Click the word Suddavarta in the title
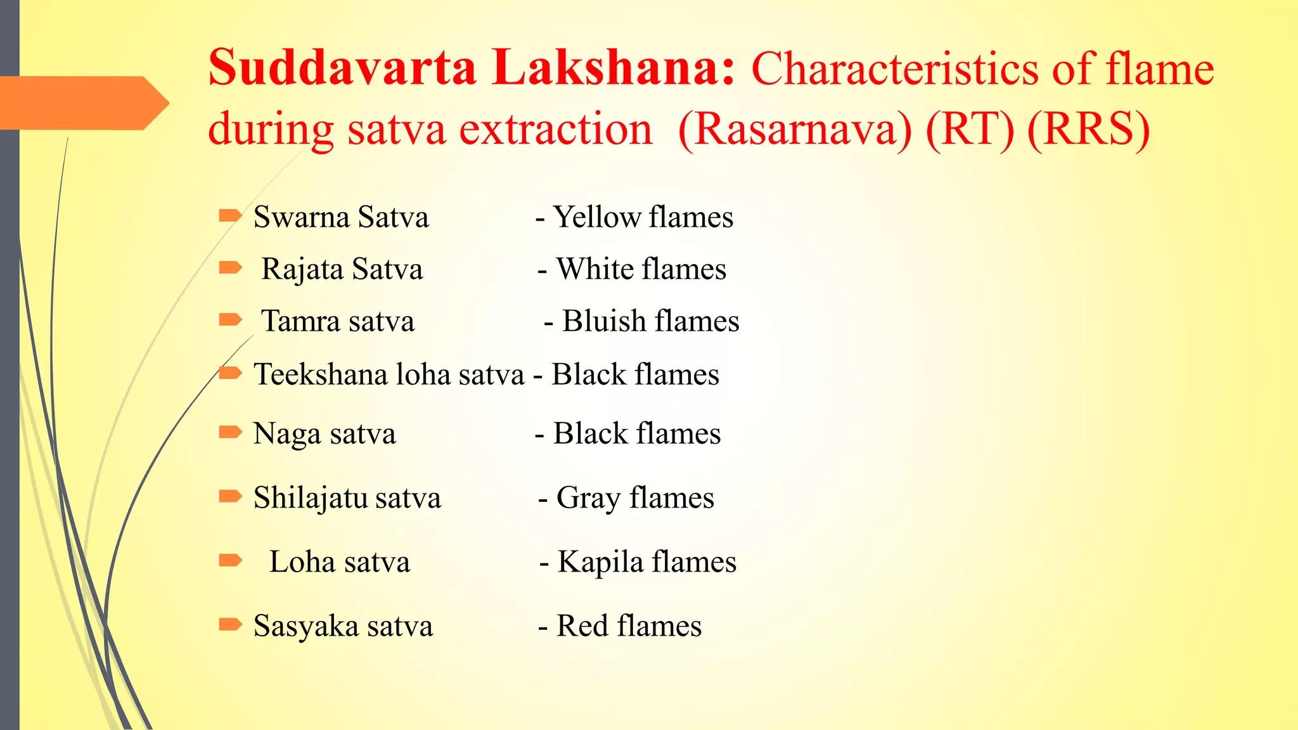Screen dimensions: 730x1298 tap(342, 68)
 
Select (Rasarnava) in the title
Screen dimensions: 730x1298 tap(795, 129)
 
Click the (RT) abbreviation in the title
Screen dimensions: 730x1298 tap(970, 129)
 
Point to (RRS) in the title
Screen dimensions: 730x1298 tap(1088, 129)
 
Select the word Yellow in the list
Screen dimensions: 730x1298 tap(596, 217)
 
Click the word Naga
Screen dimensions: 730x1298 tap(286, 435)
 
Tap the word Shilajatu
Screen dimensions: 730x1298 tap(310, 498)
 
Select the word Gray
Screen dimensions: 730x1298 tap(588, 499)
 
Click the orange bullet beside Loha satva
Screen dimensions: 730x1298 tap(230, 560)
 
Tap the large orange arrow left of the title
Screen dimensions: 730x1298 tap(82, 103)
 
